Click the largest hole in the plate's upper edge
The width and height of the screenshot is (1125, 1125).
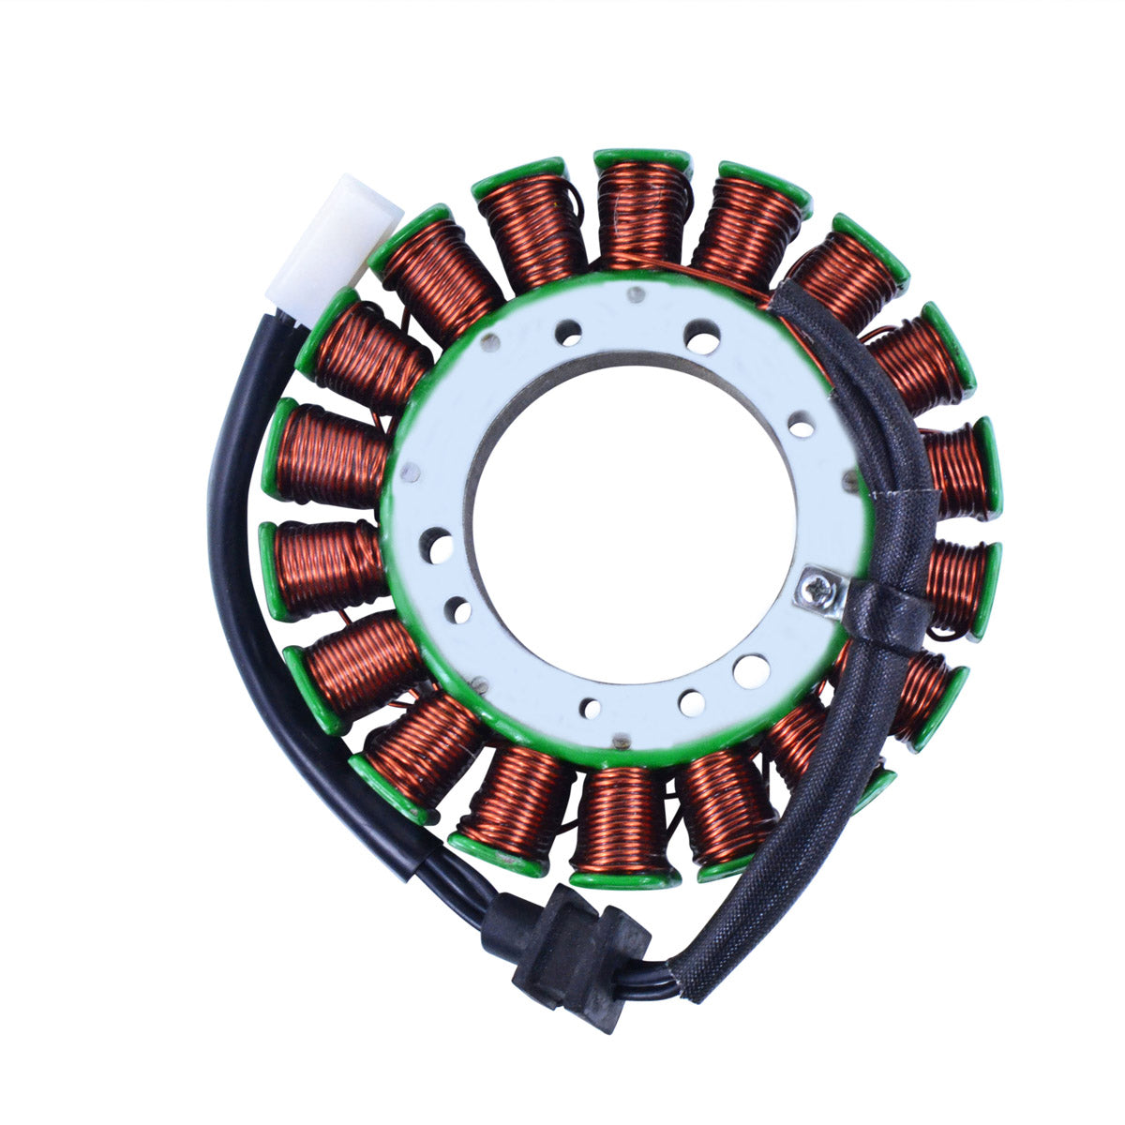[x=702, y=335]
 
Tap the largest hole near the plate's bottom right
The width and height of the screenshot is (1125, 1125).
[x=750, y=670]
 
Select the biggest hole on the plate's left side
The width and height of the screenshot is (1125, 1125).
[x=437, y=542]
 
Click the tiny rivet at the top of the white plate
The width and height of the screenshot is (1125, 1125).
[x=637, y=297]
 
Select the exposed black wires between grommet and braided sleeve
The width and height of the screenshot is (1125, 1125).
[x=656, y=975]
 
